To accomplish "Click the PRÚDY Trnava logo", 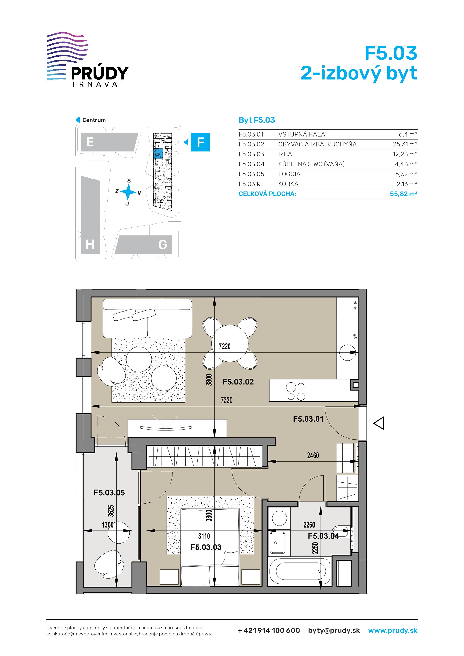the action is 88,59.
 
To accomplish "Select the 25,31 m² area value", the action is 405,144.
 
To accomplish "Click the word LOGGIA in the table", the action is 289,174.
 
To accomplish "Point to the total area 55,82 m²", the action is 403,194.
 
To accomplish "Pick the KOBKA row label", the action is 288,184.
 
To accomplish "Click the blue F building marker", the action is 200,142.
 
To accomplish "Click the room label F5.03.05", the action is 109,492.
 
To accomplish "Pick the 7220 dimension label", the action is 225,346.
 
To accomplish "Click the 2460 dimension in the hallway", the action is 313,455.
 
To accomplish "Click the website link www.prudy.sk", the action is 393,631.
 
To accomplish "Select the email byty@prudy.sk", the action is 334,631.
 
